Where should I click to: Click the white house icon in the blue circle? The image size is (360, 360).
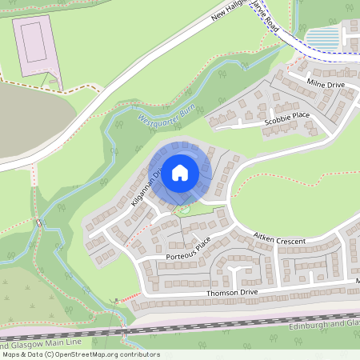point(180,171)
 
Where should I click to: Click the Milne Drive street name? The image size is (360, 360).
point(325,84)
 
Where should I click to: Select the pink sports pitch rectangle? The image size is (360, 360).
point(33,42)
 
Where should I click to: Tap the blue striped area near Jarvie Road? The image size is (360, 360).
point(322,38)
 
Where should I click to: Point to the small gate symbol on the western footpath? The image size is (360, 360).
point(39,222)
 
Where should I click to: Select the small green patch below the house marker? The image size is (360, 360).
point(184,210)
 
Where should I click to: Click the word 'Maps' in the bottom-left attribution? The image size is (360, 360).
point(12,354)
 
